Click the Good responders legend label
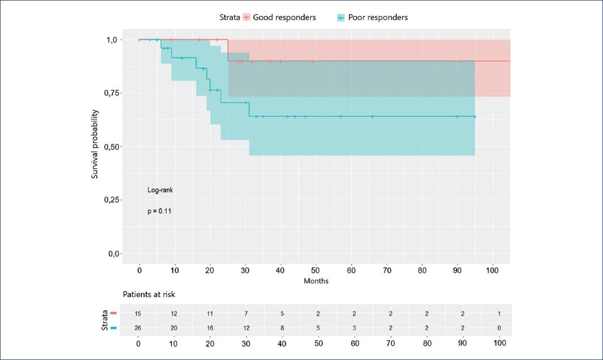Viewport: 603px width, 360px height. [284, 18]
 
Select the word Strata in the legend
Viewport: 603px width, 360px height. [230, 18]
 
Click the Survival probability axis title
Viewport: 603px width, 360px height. [96, 146]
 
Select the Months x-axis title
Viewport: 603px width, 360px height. [316, 281]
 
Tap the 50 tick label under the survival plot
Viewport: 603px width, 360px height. [316, 271]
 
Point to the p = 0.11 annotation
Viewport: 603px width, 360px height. [160, 211]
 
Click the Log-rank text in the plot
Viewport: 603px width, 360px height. [160, 190]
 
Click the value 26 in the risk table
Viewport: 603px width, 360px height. [138, 328]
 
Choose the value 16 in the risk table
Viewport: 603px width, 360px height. [210, 328]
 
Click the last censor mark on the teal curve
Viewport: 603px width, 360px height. [474, 117]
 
